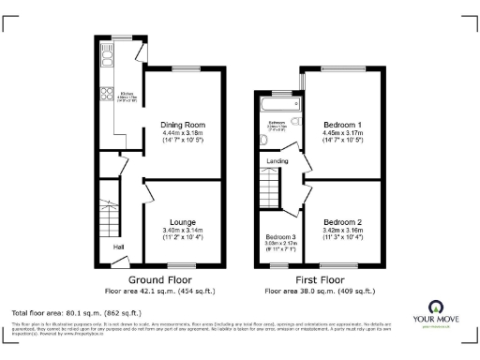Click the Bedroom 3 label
coord(280,237)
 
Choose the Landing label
coord(278,161)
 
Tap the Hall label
coord(119,247)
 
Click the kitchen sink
coord(106,62)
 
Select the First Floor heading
coord(319,279)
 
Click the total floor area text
coord(76,312)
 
